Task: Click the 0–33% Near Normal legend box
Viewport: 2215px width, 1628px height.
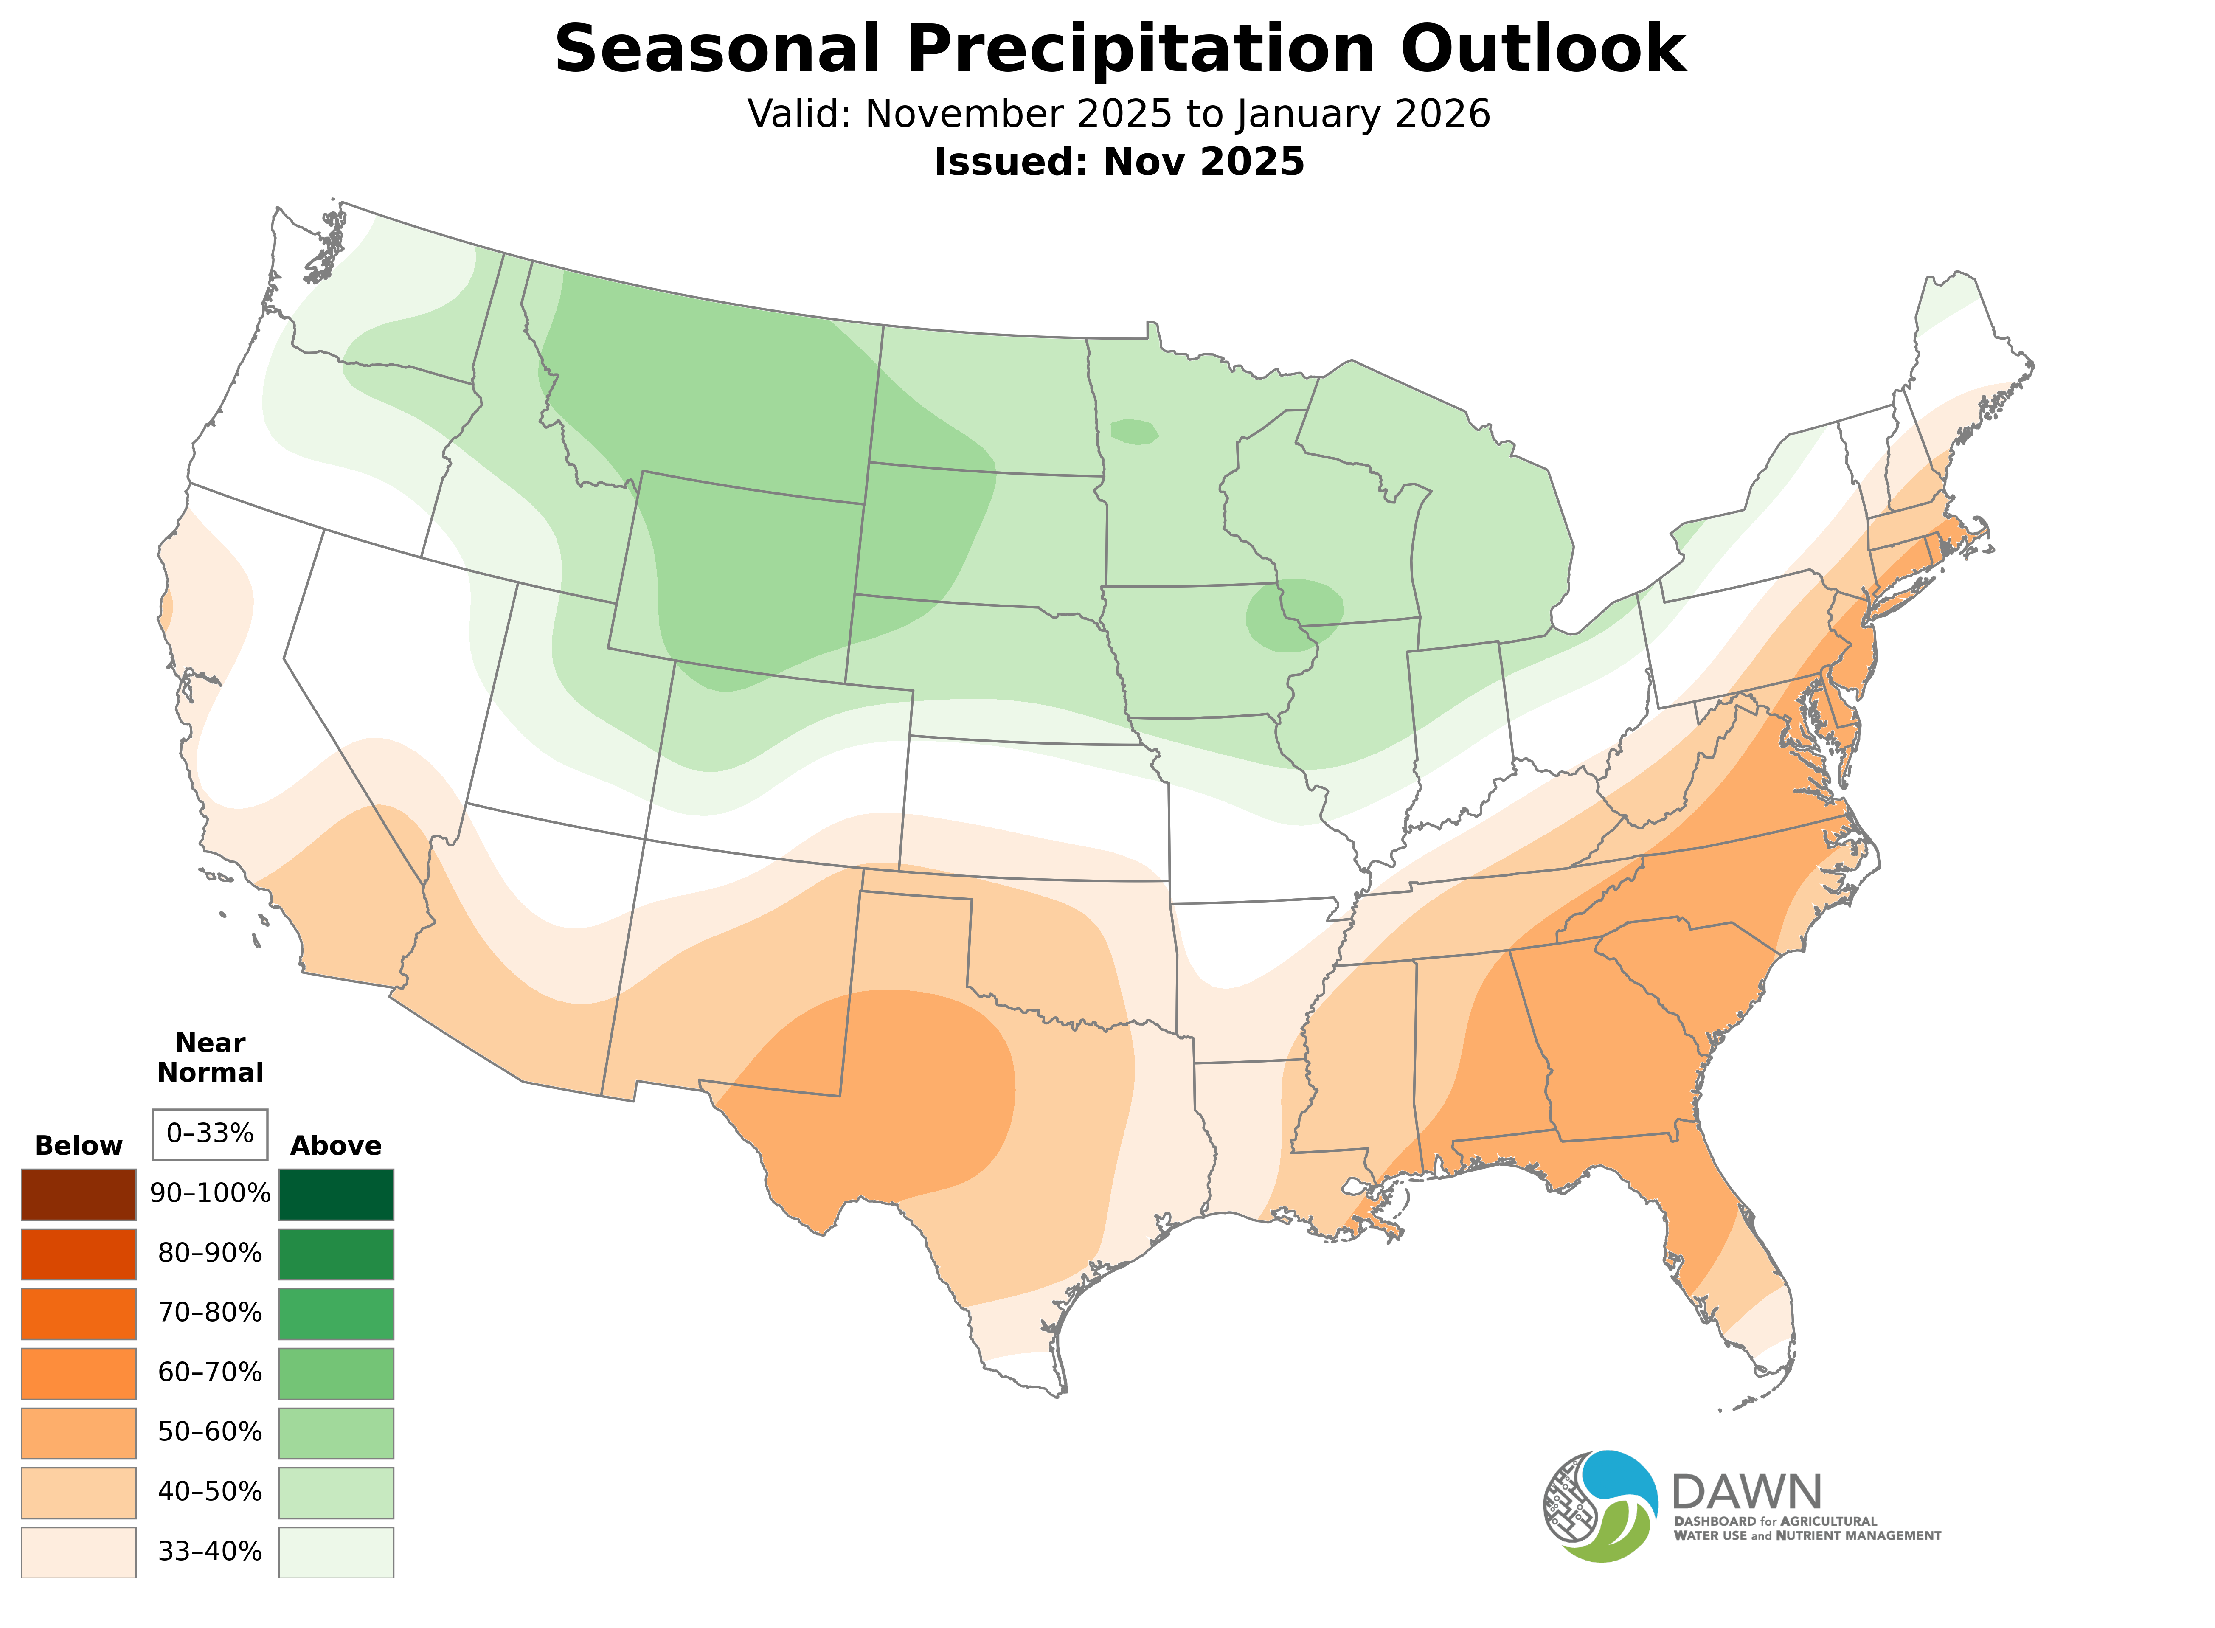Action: (x=210, y=1134)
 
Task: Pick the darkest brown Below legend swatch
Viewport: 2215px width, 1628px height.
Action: (x=79, y=1195)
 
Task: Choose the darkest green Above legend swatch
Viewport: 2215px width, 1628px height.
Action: (x=336, y=1195)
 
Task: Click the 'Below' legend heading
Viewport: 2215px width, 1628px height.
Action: (x=79, y=1146)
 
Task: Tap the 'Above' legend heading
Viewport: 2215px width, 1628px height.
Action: (x=336, y=1146)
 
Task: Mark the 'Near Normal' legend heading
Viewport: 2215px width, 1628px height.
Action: (x=210, y=1057)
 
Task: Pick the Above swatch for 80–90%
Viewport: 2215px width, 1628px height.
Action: (x=336, y=1254)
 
